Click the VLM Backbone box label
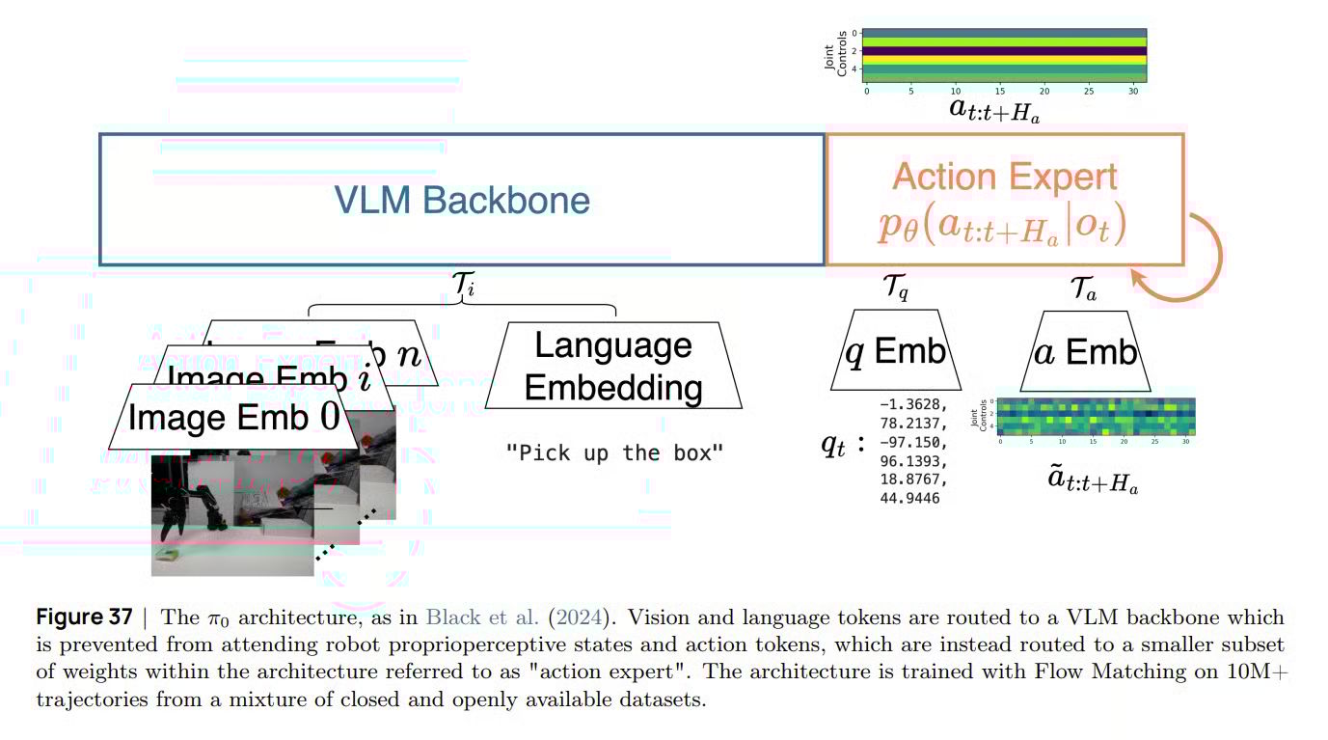pos(462,200)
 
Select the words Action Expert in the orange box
pos(1005,177)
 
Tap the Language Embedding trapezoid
pos(613,366)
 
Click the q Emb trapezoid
pos(896,352)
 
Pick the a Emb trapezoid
pos(1086,352)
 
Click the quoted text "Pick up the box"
pos(614,452)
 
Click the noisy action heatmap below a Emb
pos(1095,416)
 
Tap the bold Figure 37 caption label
pos(84,617)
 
